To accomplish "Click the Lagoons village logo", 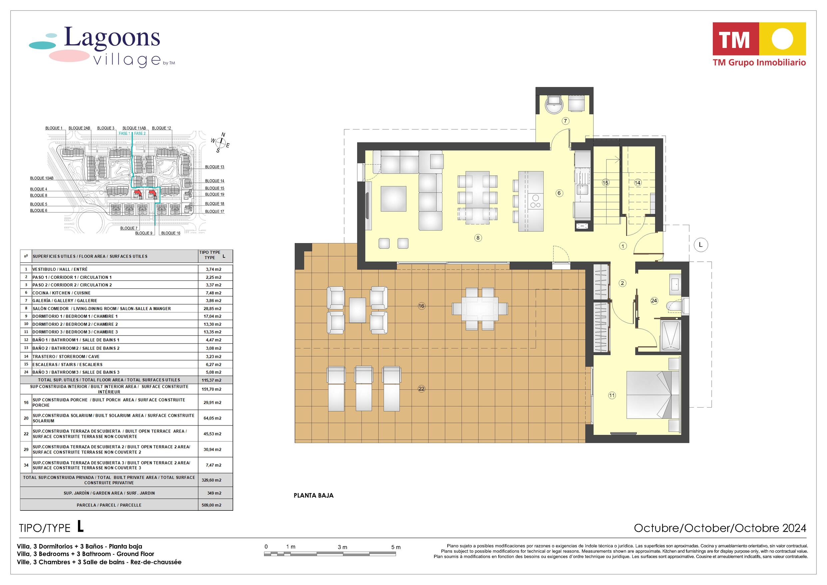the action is tap(102, 47).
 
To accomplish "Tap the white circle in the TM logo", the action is tap(782, 39).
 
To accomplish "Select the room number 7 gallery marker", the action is tap(566, 121).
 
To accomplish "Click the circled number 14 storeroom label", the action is tap(637, 183).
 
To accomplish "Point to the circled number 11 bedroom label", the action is tap(612, 395).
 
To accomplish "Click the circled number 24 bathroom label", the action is tap(654, 300).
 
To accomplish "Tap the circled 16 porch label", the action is tap(421, 306).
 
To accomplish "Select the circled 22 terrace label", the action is tap(421, 389).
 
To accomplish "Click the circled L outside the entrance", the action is tap(700, 245).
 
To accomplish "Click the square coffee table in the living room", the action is tap(393, 198).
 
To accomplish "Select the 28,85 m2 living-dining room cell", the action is tap(212, 309).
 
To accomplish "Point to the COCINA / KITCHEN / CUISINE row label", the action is tap(61, 293).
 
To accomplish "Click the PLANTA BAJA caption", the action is tap(313, 495).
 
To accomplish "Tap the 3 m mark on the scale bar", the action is tap(342, 547).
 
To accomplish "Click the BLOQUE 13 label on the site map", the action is tap(214, 167).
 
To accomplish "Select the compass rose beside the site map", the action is tap(221, 144).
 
